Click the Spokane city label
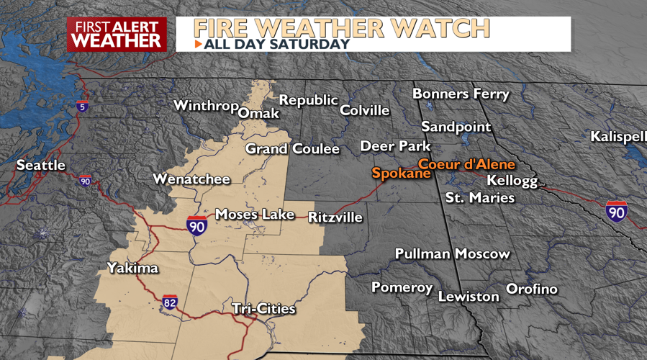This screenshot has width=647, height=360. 401,174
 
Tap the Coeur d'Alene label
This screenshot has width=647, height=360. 467,164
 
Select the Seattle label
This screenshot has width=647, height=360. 41,166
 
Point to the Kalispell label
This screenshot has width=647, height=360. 618,136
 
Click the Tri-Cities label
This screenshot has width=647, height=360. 263,309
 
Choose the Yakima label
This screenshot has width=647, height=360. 132,268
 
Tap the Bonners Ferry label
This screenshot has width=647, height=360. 461,94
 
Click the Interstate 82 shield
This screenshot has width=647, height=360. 170,302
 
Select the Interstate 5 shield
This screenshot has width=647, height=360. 83,106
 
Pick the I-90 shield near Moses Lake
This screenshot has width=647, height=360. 196,225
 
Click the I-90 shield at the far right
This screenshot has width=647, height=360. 616,211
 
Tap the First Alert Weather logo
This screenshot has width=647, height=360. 117,34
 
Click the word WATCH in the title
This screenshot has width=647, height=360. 446,28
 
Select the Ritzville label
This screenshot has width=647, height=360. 335,217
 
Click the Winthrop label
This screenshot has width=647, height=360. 206,106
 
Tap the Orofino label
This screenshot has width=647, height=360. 532,289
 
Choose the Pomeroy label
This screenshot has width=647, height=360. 402,287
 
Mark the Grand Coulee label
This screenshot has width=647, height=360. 292,149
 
